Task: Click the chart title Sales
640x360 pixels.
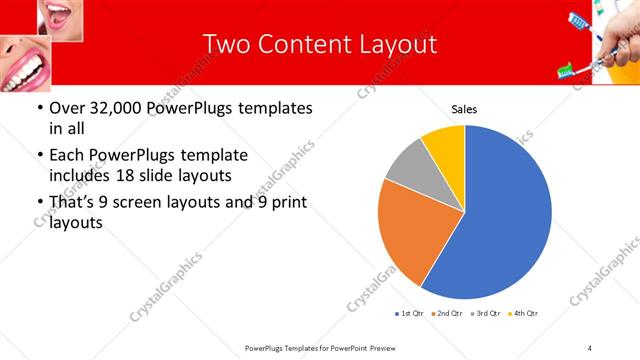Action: (x=464, y=109)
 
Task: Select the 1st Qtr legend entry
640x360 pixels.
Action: (x=410, y=314)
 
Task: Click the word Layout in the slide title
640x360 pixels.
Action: (x=392, y=44)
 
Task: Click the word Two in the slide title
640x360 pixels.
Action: (x=225, y=44)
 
